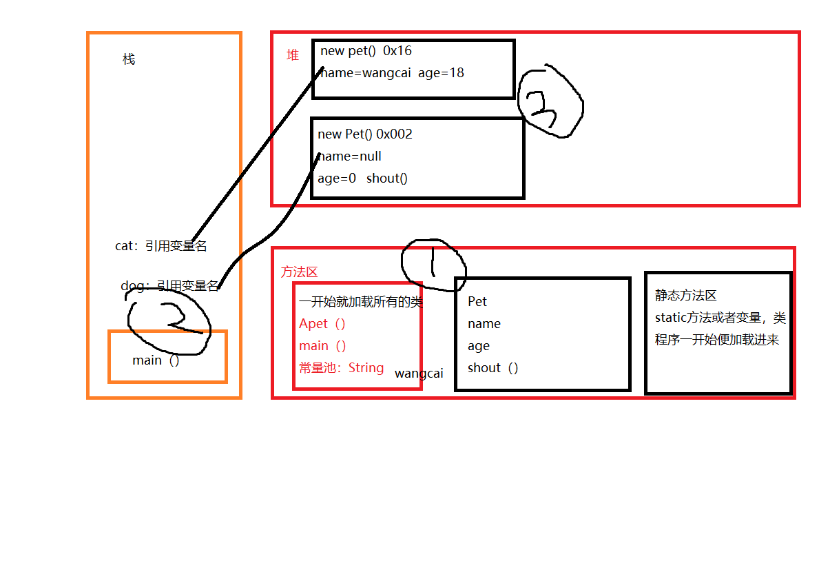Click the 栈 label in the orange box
(x=129, y=59)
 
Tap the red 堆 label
(x=293, y=55)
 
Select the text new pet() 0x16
(x=366, y=51)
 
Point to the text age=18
(x=441, y=73)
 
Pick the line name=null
(x=350, y=156)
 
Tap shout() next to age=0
(x=387, y=179)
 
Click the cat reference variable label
(x=161, y=246)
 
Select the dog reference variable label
(x=169, y=285)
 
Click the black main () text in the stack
(x=156, y=360)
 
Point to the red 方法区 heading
(x=299, y=272)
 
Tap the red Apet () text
(x=322, y=324)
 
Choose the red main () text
(x=322, y=346)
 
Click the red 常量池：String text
(x=341, y=368)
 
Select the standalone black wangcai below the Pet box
(x=419, y=374)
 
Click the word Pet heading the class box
(x=477, y=302)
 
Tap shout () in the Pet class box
(x=493, y=368)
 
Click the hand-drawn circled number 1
(x=433, y=263)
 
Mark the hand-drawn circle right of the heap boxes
(x=550, y=102)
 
